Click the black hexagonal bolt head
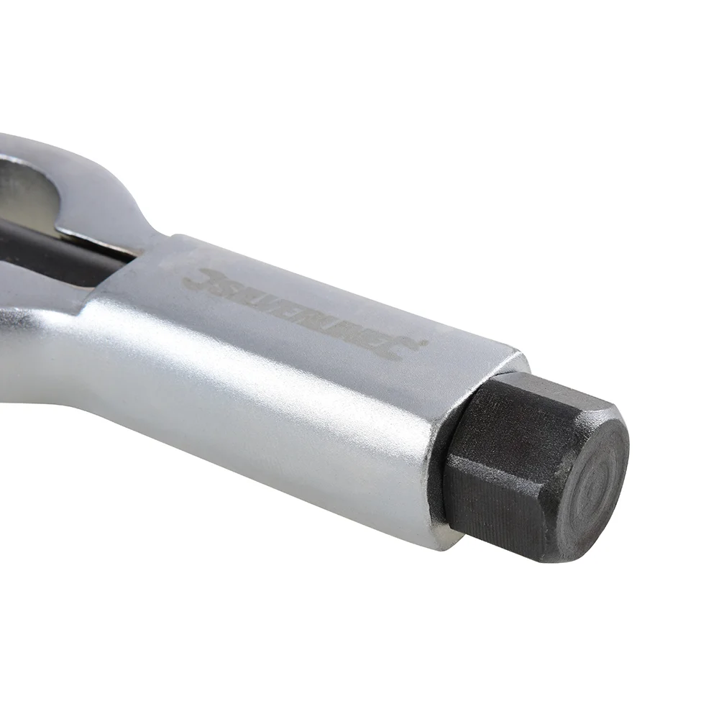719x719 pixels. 532,467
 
